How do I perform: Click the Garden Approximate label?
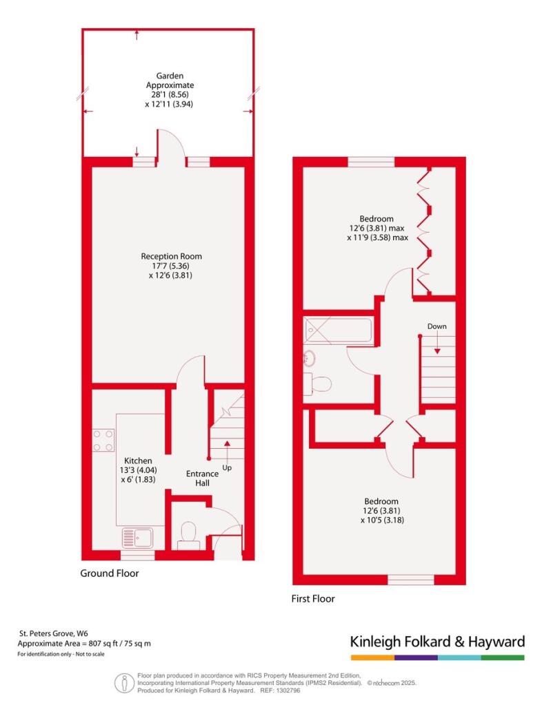[170, 81]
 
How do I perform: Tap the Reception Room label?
[171, 256]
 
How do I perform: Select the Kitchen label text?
[138, 461]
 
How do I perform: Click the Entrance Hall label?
[202, 478]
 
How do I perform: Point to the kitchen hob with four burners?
[103, 441]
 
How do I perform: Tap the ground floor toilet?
[188, 536]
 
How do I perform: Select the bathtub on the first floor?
[338, 331]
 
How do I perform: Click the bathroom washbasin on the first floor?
[309, 358]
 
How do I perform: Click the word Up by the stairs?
[227, 468]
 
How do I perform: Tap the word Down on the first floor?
[436, 326]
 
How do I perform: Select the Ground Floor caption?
[110, 574]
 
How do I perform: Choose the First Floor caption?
[313, 599]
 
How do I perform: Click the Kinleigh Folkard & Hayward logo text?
[437, 642]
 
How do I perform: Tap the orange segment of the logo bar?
[372, 657]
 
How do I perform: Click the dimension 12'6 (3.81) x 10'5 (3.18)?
[382, 515]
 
